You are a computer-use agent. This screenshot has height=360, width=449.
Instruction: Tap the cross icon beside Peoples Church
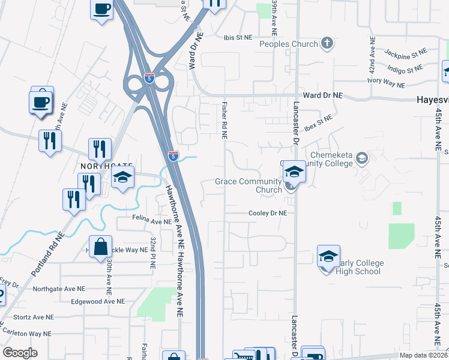click(327, 43)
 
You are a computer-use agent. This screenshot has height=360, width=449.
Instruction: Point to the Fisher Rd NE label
click(224, 119)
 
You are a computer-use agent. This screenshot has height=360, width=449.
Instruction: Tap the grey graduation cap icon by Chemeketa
click(361, 158)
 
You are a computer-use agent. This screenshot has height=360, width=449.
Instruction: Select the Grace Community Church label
click(249, 186)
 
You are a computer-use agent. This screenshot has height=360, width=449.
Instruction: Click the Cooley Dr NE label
click(268, 213)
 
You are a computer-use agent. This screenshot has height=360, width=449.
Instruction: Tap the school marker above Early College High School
click(328, 257)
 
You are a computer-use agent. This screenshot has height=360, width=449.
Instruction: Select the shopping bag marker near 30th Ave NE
click(100, 247)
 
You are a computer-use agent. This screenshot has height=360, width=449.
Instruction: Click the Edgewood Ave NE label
click(97, 301)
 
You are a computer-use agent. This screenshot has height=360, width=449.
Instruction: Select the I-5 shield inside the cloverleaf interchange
click(149, 78)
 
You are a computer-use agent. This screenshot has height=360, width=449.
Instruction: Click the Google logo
click(20, 353)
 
